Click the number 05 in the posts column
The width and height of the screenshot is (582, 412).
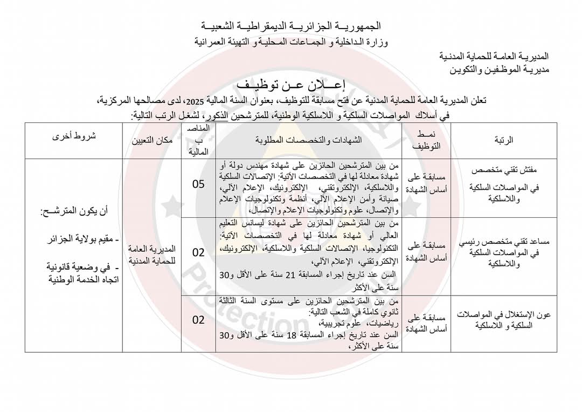click(199, 184)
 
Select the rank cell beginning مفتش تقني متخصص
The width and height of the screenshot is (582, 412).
click(504, 184)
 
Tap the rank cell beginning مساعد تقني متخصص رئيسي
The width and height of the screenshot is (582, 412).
click(504, 253)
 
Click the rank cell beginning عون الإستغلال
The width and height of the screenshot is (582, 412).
click(504, 320)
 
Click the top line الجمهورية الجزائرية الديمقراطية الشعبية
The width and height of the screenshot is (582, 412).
click(291, 26)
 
